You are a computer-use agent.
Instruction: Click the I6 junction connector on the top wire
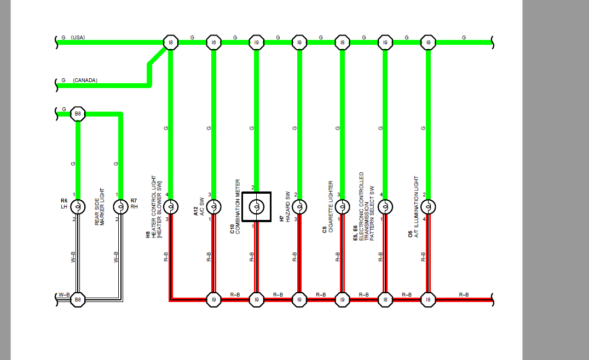[x=213, y=43]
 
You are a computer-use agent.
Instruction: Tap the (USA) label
[x=78, y=38]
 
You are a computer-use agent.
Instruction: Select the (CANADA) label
[x=85, y=80]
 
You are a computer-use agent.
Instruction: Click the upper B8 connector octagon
[x=78, y=114]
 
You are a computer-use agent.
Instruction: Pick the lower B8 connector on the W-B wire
[x=78, y=300]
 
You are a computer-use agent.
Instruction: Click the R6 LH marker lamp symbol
[x=78, y=206]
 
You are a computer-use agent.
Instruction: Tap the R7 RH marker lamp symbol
[x=120, y=206]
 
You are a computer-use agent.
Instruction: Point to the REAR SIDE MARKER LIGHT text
[x=100, y=207]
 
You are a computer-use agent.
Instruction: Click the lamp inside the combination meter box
[x=257, y=206]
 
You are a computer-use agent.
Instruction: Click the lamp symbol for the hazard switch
[x=299, y=206]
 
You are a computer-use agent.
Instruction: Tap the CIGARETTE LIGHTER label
[x=331, y=206]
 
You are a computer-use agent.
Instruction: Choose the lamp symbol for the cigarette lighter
[x=342, y=206]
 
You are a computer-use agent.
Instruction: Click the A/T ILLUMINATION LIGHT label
[x=416, y=206]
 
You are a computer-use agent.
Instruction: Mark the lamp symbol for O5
[x=428, y=206]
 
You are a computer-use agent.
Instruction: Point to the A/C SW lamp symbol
[x=213, y=206]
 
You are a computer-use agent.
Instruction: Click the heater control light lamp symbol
[x=171, y=206]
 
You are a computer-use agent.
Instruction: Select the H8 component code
[x=148, y=235]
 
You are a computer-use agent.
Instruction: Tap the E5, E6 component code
[x=355, y=233]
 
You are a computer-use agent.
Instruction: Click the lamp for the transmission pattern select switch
[x=385, y=206]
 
